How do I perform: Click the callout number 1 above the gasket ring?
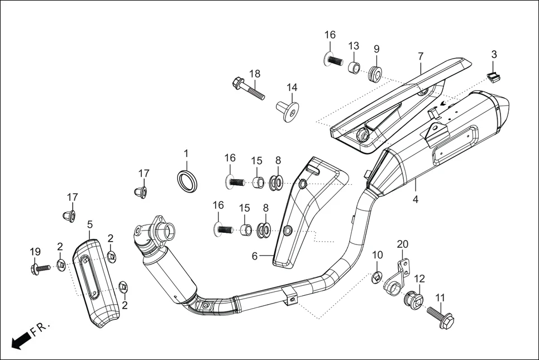pos(186,153)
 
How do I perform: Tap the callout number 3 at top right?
pos(494,54)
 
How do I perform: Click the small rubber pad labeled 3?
pos(492,76)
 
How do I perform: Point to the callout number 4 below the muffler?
pos(416,199)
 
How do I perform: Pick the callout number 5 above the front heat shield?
pos(90,224)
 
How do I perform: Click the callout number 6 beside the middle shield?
pos(254,256)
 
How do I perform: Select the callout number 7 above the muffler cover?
pos(421,56)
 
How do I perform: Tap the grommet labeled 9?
pos(375,73)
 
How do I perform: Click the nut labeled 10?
pos(378,276)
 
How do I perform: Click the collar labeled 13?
pos(354,69)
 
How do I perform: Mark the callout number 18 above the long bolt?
pos(255,74)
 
